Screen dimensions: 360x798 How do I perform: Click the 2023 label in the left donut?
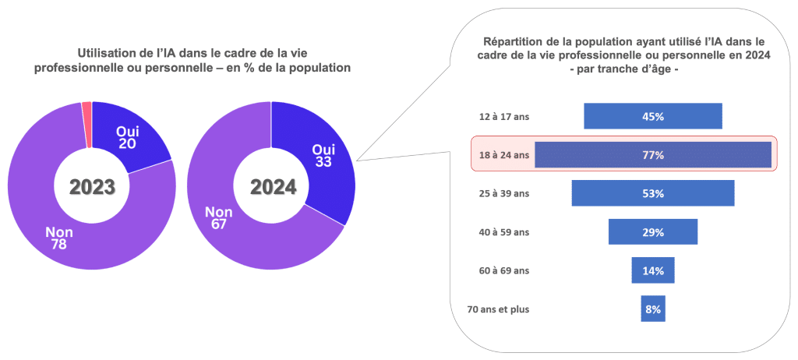(92, 187)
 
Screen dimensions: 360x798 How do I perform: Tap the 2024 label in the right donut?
(273, 187)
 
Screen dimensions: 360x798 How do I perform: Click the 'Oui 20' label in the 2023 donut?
(127, 137)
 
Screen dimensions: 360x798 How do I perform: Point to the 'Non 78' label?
(59, 238)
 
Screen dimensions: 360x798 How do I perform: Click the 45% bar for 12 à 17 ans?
(653, 116)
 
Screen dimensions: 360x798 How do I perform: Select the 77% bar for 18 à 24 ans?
(653, 154)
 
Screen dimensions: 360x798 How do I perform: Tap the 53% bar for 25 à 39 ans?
(653, 193)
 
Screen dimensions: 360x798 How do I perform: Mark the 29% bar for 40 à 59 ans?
(653, 231)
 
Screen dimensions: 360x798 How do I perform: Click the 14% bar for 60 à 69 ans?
(653, 270)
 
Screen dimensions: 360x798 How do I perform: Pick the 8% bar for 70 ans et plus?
(653, 309)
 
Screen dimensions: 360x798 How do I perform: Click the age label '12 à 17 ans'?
(503, 117)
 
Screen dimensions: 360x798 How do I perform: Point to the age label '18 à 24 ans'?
(503, 155)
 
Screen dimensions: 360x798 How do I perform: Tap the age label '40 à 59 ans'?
(503, 232)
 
